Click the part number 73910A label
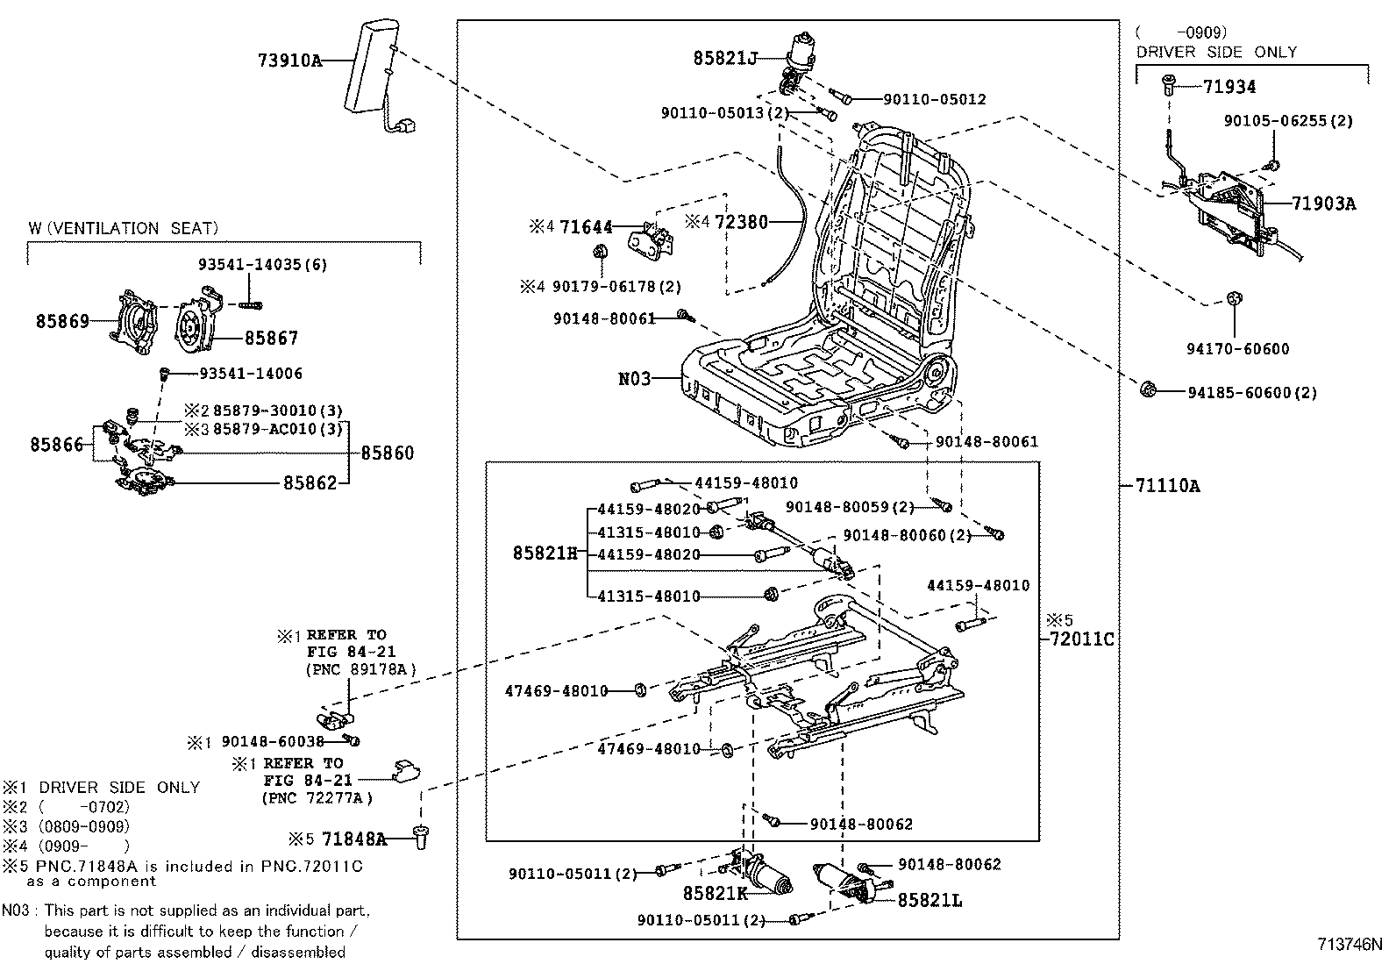[289, 61]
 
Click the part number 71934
[1229, 86]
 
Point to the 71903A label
[1323, 204]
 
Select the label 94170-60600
[1238, 349]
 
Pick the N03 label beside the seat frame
[635, 379]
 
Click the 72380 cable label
[741, 222]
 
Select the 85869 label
[62, 321]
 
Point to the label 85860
[388, 453]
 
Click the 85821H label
[545, 553]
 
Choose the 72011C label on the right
[1081, 639]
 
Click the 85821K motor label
[716, 893]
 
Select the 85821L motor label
[929, 900]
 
